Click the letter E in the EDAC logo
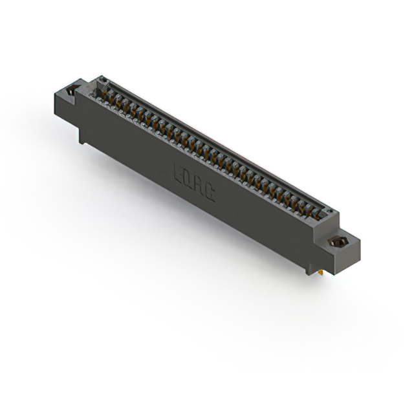pyautogui.click(x=179, y=173)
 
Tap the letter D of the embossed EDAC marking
pyautogui.click(x=189, y=179)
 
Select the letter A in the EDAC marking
pyautogui.click(x=199, y=185)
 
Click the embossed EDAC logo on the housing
pyautogui.click(x=194, y=182)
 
